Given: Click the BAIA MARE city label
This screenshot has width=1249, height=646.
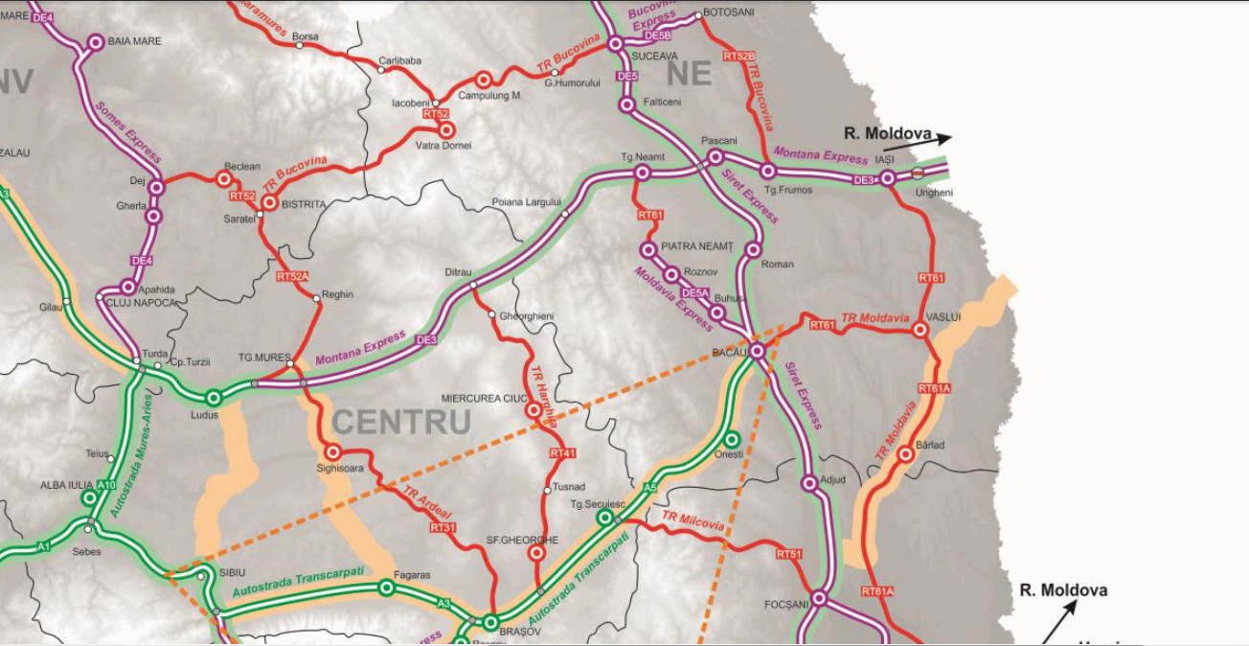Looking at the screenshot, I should (135, 41).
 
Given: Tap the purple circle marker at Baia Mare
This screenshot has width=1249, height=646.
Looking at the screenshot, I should (95, 42).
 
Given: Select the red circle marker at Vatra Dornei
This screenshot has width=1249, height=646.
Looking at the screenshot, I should (445, 128).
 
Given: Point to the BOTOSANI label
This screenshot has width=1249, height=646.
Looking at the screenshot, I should (729, 12).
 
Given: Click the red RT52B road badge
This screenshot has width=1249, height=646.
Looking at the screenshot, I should (738, 58).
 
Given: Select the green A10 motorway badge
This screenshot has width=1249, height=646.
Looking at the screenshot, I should (106, 485).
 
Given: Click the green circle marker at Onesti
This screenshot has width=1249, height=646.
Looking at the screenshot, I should (732, 439).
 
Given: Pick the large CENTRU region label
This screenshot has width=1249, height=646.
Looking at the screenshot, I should (401, 422).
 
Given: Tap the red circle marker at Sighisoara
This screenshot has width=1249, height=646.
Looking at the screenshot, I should (333, 451).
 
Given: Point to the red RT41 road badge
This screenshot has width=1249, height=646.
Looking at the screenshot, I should (563, 452).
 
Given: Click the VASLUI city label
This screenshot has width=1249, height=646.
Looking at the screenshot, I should (943, 316).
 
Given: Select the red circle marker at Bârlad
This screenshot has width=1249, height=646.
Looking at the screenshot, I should (905, 454).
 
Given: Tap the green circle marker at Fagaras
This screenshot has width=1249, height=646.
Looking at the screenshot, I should (386, 588).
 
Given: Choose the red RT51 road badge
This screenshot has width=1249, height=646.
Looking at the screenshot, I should (788, 554).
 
